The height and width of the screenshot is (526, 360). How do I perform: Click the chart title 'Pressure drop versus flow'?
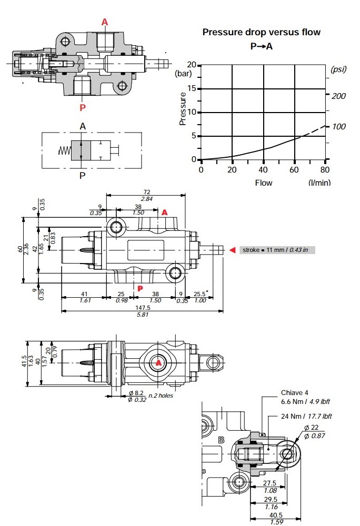coord(262,32)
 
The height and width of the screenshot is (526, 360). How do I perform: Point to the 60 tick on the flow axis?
coord(295,169)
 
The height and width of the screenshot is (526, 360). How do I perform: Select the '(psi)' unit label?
coord(339,69)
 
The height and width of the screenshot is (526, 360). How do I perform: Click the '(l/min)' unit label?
coord(320,183)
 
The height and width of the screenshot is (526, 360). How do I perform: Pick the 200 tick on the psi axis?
coord(339,96)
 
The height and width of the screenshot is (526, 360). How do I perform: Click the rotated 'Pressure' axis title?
coord(183,108)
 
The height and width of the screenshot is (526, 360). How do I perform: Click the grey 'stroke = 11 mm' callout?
coord(277,250)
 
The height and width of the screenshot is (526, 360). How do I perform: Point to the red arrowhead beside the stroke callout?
coord(232,250)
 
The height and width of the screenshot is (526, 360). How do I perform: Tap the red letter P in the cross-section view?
coord(83,107)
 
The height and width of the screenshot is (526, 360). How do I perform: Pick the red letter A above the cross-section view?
coord(105,22)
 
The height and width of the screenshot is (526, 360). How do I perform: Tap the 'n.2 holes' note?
coord(161,396)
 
